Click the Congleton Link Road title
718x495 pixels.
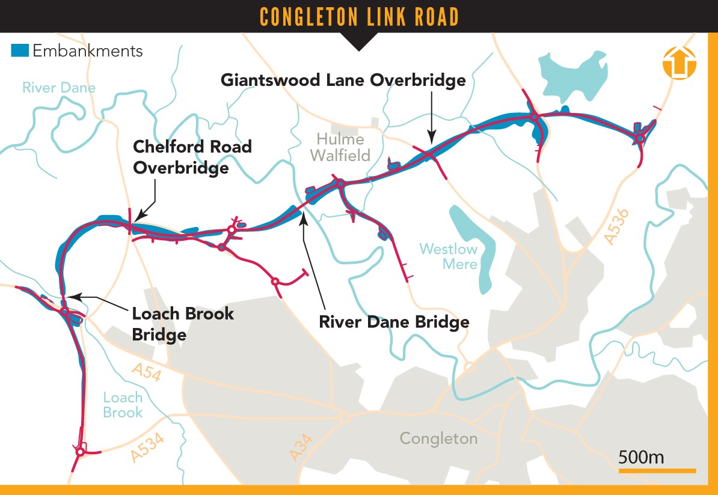coord(359,17)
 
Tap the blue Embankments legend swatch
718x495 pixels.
coord(20,50)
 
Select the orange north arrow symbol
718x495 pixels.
coord(679,62)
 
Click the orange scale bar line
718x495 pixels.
coord(657,470)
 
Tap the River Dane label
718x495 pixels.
coord(59,88)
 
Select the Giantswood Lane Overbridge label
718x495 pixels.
coord(343,80)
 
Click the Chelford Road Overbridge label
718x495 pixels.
coord(192,157)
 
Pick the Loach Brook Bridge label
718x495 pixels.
coord(183,323)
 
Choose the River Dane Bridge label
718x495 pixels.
coord(394,321)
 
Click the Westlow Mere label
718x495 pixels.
coord(448,256)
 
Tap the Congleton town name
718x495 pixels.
coord(438,438)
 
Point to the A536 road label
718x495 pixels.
coord(617,226)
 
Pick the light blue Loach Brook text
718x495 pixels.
coord(123,405)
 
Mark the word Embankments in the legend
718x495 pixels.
coord(88,50)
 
